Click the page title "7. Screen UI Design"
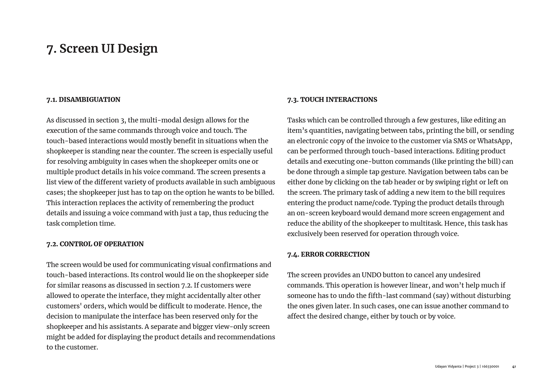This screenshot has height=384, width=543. (x=102, y=49)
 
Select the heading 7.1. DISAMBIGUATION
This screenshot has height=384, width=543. (x=83, y=100)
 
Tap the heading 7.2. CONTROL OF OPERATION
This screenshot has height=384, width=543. (x=95, y=244)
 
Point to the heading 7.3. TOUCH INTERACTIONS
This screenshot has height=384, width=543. (x=332, y=100)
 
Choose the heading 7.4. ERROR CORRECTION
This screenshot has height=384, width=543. (x=328, y=254)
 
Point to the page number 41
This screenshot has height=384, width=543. (x=514, y=367)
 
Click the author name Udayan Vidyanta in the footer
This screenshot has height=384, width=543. (x=448, y=367)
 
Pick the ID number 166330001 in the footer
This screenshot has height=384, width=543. (x=490, y=367)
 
